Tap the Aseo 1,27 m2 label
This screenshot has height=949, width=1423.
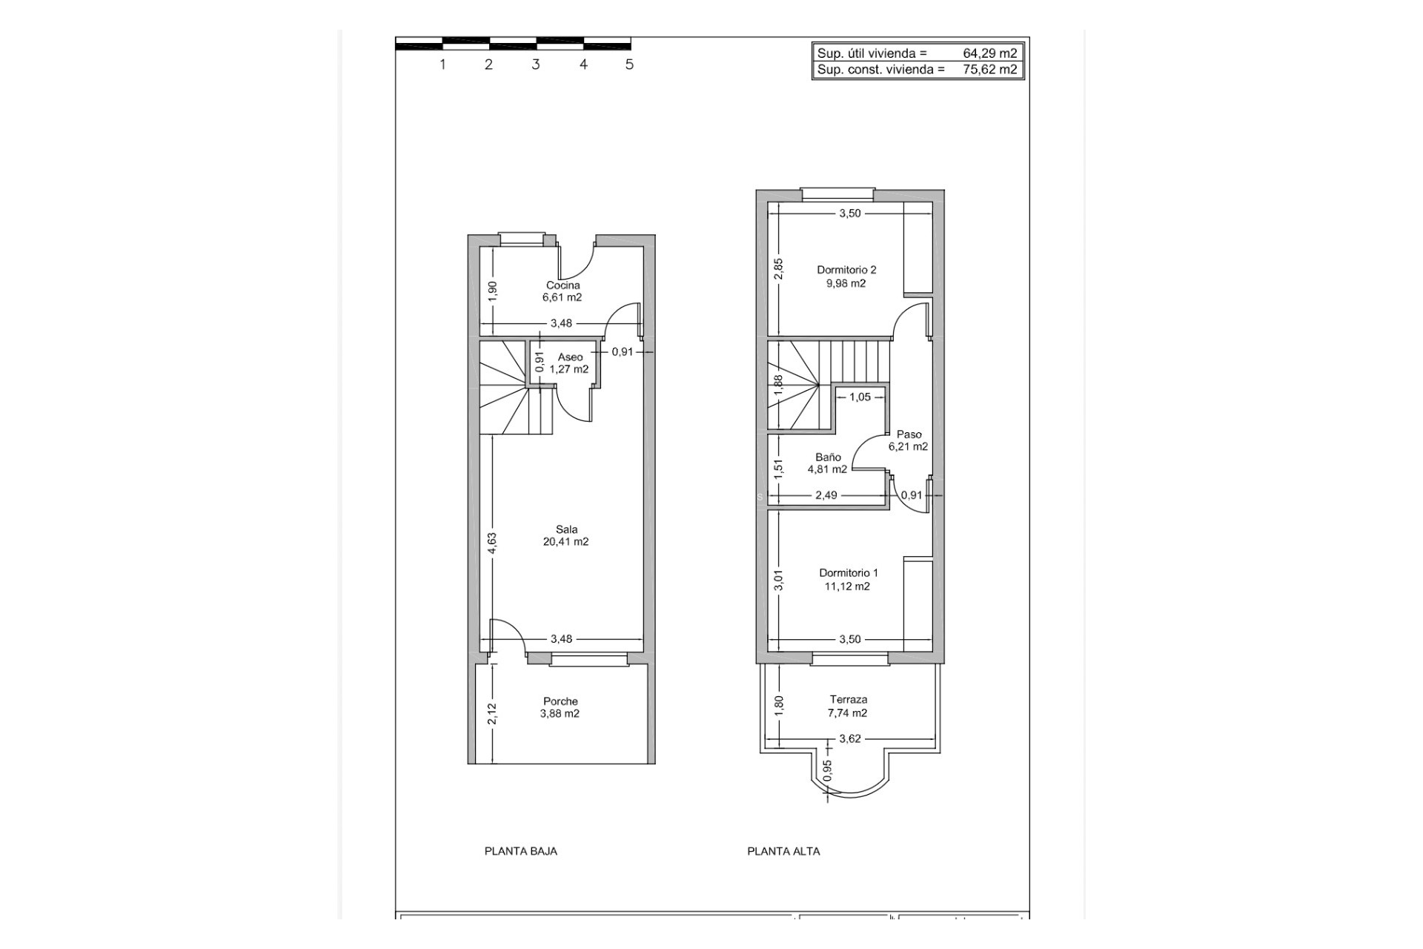pyautogui.click(x=569, y=363)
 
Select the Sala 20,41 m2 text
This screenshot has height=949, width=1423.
pyautogui.click(x=566, y=535)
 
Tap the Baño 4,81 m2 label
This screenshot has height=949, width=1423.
pyautogui.click(x=828, y=463)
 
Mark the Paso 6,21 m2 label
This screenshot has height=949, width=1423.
pyautogui.click(x=909, y=440)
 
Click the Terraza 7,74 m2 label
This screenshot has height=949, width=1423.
pyautogui.click(x=848, y=706)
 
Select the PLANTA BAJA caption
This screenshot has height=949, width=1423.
pyautogui.click(x=521, y=851)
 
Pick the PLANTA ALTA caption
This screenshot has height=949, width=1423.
pyautogui.click(x=783, y=851)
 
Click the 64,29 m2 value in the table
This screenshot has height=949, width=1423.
pyautogui.click(x=989, y=53)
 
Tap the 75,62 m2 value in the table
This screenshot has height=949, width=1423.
pyautogui.click(x=989, y=70)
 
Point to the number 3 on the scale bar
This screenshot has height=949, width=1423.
pyautogui.click(x=536, y=65)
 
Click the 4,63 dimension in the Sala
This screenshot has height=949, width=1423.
pyautogui.click(x=492, y=543)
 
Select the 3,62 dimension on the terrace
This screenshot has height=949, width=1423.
pyautogui.click(x=849, y=738)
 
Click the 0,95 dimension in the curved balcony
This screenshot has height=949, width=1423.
pyautogui.click(x=828, y=770)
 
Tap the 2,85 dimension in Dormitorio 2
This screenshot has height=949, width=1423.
pyautogui.click(x=778, y=269)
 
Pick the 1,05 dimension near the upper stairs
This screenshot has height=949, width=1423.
pyautogui.click(x=860, y=397)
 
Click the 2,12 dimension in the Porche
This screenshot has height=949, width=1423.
pyautogui.click(x=492, y=714)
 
